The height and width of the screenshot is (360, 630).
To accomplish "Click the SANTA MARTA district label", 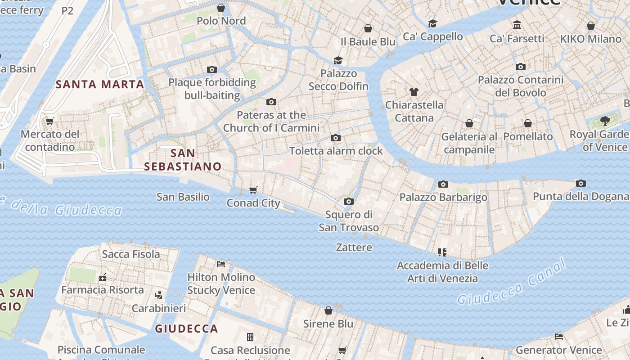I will pyautogui.click(x=100, y=84).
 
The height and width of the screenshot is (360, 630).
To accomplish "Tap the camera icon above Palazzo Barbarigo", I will pyautogui.click(x=443, y=184).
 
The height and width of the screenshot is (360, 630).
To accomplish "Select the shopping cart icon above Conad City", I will pyautogui.click(x=253, y=190).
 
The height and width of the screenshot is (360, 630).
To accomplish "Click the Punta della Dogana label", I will pyautogui.click(x=580, y=196).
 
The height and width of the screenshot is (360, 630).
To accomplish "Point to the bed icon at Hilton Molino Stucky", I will pyautogui.click(x=221, y=264).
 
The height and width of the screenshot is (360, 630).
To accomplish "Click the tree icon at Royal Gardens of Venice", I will pyautogui.click(x=605, y=121).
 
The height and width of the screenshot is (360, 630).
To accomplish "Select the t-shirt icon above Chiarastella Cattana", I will pyautogui.click(x=414, y=92).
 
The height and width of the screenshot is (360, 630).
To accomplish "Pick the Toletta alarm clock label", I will pyautogui.click(x=336, y=151).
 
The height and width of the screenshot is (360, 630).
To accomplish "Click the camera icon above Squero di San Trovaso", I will pyautogui.click(x=348, y=201).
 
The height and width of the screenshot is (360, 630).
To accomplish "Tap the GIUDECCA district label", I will pyautogui.click(x=186, y=328).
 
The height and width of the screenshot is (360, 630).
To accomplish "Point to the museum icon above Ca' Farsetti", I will pyautogui.click(x=517, y=25).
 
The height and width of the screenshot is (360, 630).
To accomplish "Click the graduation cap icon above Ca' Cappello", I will pyautogui.click(x=432, y=23).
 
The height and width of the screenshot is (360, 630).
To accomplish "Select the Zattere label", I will pyautogui.click(x=354, y=247).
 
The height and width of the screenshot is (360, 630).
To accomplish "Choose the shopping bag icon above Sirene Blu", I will pyautogui.click(x=328, y=310).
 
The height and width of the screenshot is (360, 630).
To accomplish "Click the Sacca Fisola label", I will pyautogui.click(x=131, y=254).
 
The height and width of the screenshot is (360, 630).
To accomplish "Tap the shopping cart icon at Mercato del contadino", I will pyautogui.click(x=50, y=121).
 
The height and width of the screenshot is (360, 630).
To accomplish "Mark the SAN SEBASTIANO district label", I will pyautogui.click(x=183, y=160).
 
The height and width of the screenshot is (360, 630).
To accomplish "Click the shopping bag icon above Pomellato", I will pyautogui.click(x=528, y=123).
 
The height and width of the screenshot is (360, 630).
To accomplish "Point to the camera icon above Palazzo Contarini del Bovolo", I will pyautogui.click(x=521, y=67).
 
